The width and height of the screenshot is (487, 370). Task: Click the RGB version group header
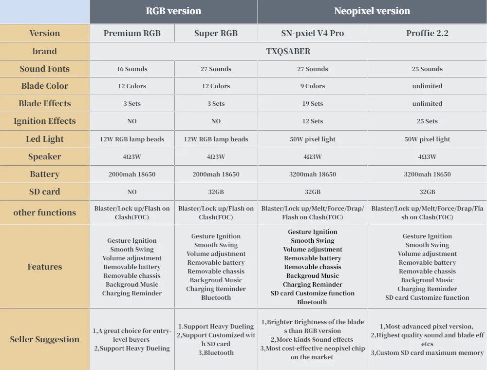pyautogui.click(x=173, y=11)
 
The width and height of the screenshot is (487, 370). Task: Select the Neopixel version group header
pyautogui.click(x=372, y=11)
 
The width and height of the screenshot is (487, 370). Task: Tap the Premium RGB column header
pyautogui.click(x=132, y=33)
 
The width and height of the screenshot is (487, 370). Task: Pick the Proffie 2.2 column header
pyautogui.click(x=427, y=33)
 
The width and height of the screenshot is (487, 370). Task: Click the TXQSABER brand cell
pyautogui.click(x=288, y=51)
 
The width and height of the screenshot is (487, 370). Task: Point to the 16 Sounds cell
pyautogui.click(x=132, y=69)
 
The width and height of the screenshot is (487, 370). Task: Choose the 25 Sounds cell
pyautogui.click(x=427, y=69)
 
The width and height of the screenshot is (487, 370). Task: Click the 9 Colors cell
pyautogui.click(x=312, y=86)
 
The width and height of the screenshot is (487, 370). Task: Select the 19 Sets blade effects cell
pyautogui.click(x=312, y=103)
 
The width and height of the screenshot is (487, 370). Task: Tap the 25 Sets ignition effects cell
pyautogui.click(x=427, y=121)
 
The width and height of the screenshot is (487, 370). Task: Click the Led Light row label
pyautogui.click(x=45, y=139)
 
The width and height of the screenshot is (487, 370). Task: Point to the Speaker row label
pyautogui.click(x=45, y=156)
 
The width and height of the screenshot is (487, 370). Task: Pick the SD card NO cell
pyautogui.click(x=132, y=192)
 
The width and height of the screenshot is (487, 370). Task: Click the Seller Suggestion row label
pyautogui.click(x=45, y=339)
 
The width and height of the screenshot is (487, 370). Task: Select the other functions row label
pyautogui.click(x=45, y=213)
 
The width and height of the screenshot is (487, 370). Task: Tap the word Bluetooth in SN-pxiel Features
pyautogui.click(x=312, y=302)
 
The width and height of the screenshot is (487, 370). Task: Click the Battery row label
pyautogui.click(x=45, y=174)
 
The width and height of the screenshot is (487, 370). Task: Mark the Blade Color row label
pyautogui.click(x=45, y=86)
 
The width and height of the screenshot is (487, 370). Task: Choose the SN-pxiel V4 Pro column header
pyautogui.click(x=312, y=33)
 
